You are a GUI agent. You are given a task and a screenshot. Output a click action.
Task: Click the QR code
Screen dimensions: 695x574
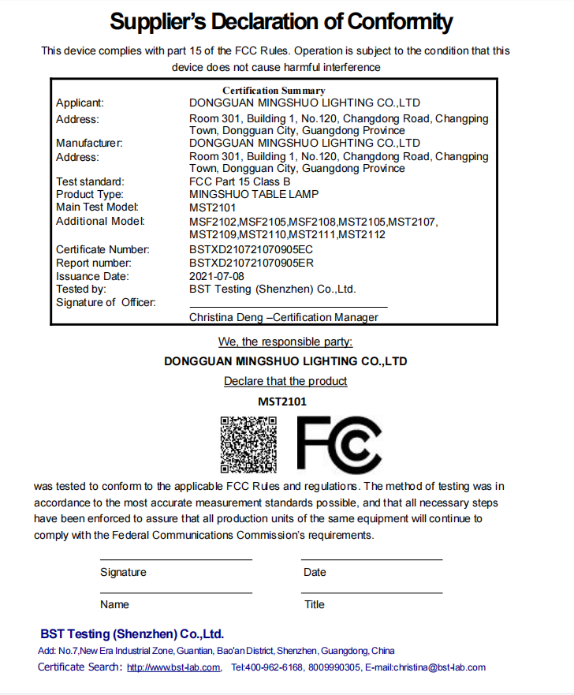[x=248, y=444]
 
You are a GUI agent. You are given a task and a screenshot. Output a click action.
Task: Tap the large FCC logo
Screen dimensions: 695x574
[x=339, y=444]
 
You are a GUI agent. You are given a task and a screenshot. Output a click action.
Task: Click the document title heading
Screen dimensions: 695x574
[x=281, y=21]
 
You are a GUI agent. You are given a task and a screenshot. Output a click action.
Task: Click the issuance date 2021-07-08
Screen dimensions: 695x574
[x=217, y=276]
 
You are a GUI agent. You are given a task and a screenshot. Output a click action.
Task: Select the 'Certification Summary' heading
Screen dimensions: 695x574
[x=274, y=91]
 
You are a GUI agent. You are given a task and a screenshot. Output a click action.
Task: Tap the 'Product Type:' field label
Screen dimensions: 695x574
[x=90, y=194]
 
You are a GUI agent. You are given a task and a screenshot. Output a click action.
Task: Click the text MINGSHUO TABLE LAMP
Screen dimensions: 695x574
[x=254, y=194]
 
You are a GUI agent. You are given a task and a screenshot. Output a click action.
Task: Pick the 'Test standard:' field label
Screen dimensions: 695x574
[x=90, y=181]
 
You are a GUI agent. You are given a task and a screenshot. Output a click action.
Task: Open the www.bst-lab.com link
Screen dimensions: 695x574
[x=173, y=667]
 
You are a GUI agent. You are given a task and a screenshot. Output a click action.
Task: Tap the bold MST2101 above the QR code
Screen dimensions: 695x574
[x=282, y=401]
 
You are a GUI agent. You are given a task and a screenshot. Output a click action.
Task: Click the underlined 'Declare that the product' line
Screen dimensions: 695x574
[x=285, y=381]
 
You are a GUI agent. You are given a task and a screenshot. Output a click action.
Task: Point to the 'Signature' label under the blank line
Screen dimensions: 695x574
[x=123, y=572]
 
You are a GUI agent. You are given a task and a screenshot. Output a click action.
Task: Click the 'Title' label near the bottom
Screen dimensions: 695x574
[x=315, y=604]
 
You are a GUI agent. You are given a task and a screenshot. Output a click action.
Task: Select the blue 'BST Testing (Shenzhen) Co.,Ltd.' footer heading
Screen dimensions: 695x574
[x=132, y=634]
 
